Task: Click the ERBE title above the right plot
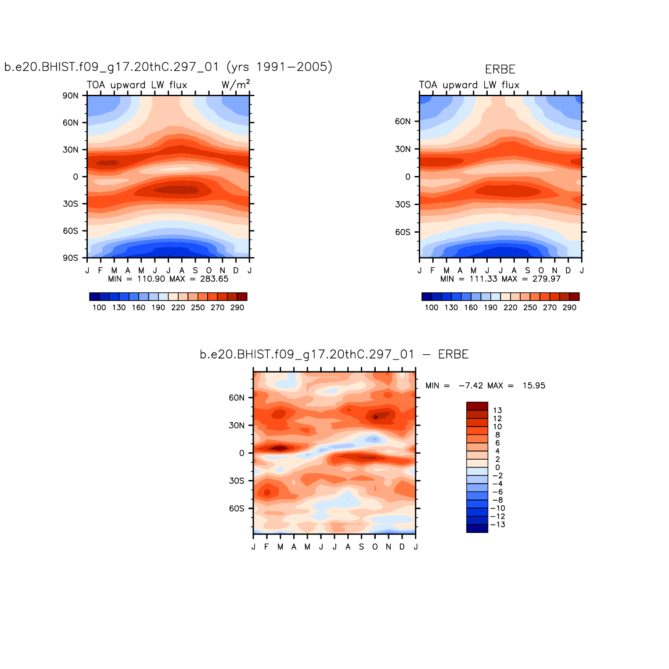(500, 69)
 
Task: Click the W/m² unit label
(236, 84)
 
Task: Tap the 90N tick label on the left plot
(70, 96)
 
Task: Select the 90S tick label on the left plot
(70, 258)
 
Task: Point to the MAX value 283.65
(214, 279)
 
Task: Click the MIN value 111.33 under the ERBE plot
(483, 279)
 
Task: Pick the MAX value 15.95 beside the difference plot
(534, 386)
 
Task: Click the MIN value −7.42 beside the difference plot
(471, 386)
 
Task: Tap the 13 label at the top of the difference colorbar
(497, 410)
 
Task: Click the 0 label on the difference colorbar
(497, 468)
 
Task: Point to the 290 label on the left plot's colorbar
(237, 308)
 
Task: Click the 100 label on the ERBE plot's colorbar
(432, 308)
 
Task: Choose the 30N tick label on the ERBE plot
(403, 149)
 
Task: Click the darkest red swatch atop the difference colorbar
(477, 406)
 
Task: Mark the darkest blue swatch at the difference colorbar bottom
(477, 529)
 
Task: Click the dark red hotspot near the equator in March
(280, 448)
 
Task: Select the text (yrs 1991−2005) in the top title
(279, 67)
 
